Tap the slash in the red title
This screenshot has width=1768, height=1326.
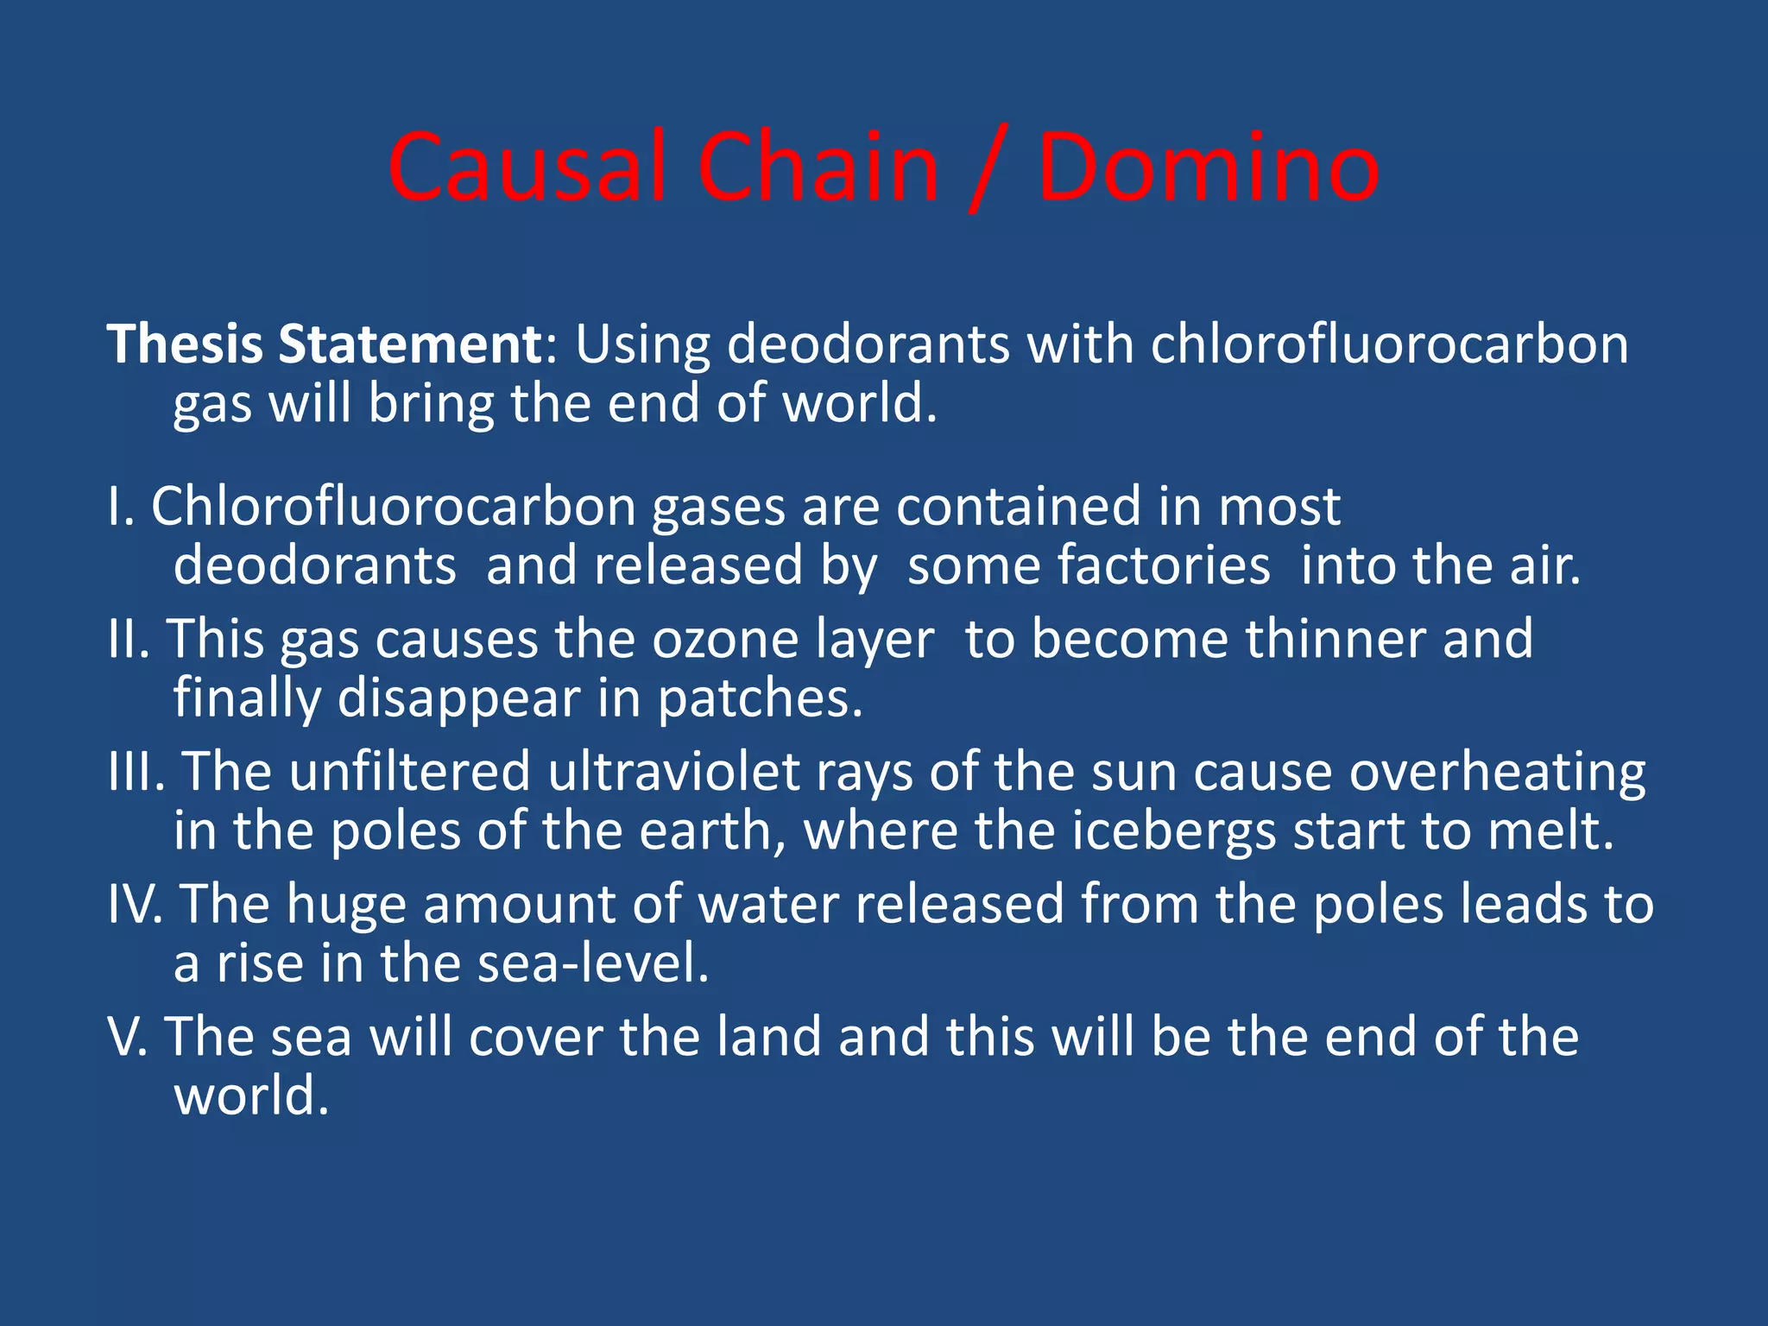coord(988,170)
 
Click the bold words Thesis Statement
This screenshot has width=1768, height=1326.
coord(324,344)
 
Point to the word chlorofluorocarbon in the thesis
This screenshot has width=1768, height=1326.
coord(1389,344)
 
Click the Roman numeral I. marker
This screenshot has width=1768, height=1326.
coord(121,506)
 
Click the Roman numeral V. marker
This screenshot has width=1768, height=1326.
coord(128,1036)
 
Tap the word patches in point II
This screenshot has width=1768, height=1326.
coord(759,699)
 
